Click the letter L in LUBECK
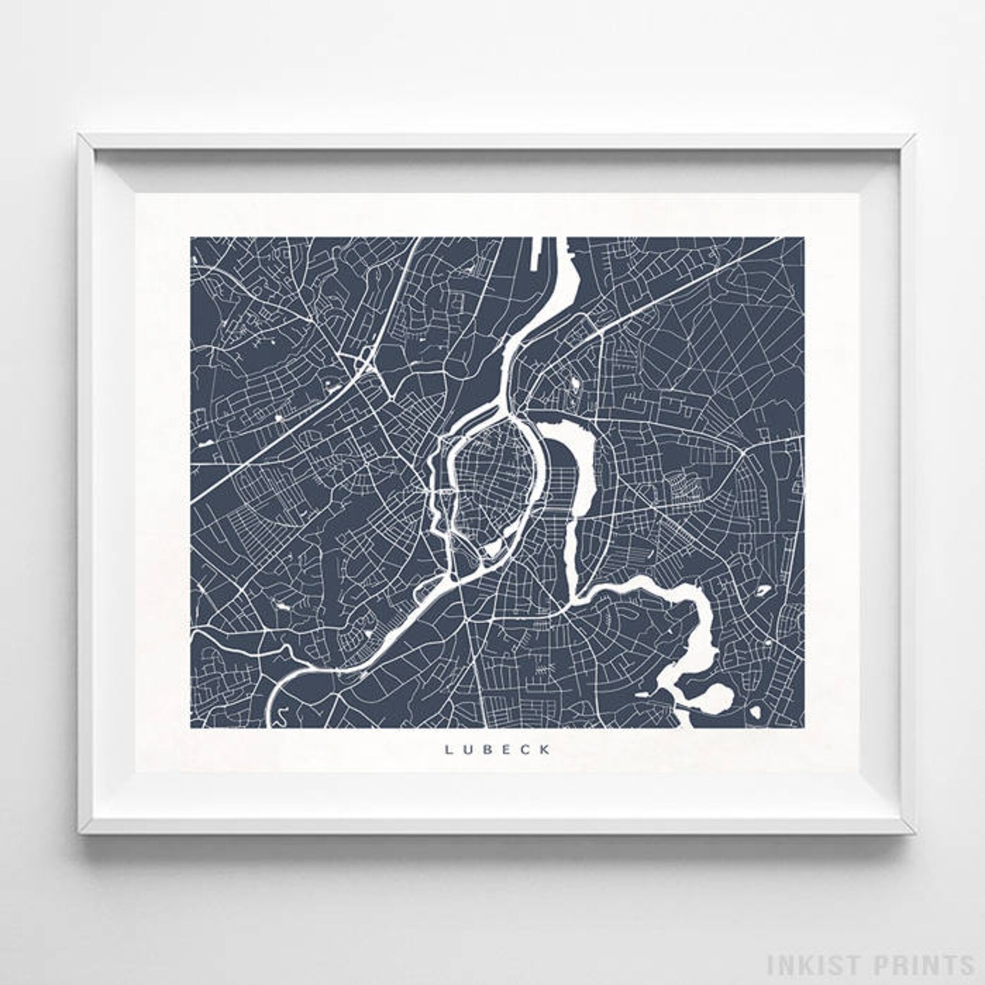tap(447, 750)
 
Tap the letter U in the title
tap(467, 750)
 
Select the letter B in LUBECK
tap(488, 750)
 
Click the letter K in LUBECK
tap(546, 750)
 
